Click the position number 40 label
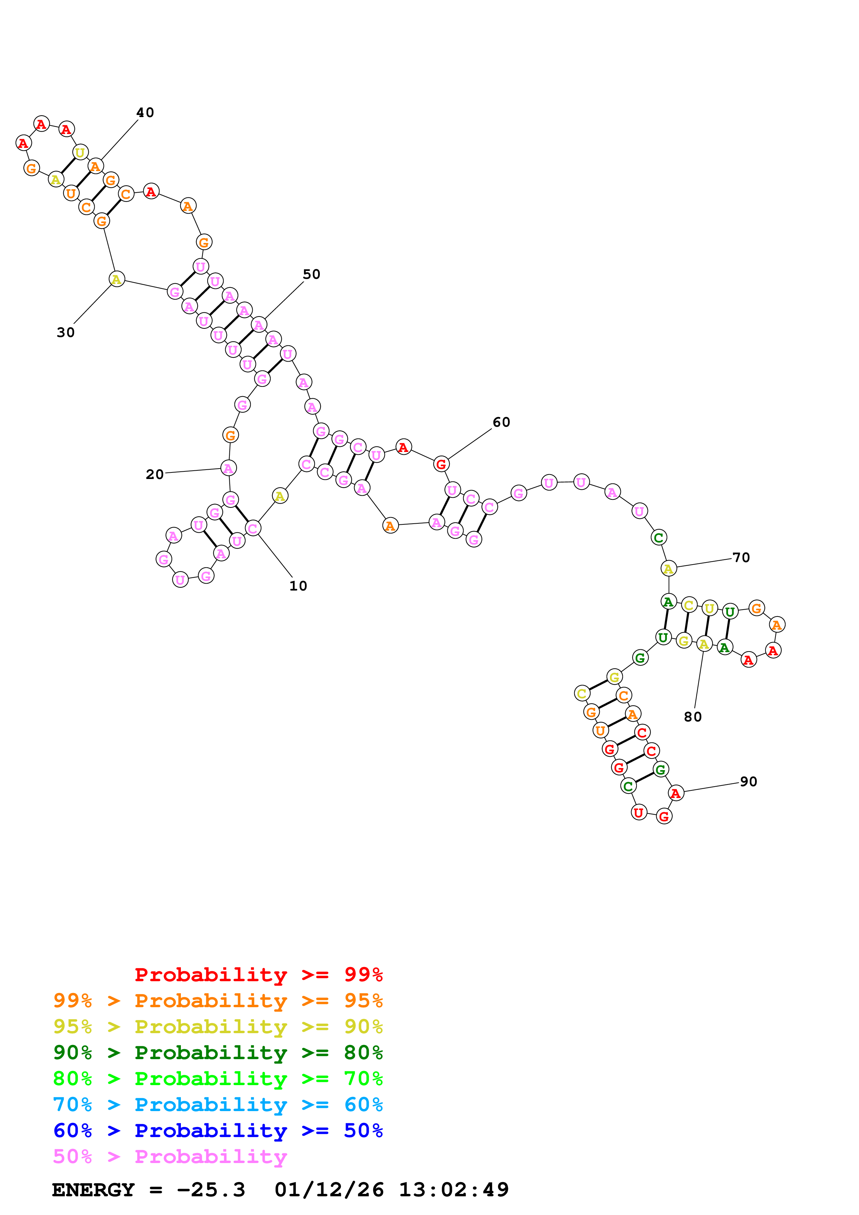click(x=145, y=113)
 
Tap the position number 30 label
click(x=65, y=332)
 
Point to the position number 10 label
click(x=298, y=586)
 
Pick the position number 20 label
click(x=155, y=474)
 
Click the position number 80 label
click(x=692, y=717)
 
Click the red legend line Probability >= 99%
click(x=258, y=974)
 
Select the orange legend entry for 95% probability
click(x=218, y=1001)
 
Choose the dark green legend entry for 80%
click(x=218, y=1053)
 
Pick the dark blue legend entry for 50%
click(x=218, y=1130)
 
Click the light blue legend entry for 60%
click(x=218, y=1105)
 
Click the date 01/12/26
click(x=329, y=1190)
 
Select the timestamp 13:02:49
click(x=454, y=1190)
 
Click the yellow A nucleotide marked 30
click(x=116, y=280)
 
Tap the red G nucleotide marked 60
click(x=441, y=464)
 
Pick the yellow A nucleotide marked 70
click(x=668, y=568)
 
